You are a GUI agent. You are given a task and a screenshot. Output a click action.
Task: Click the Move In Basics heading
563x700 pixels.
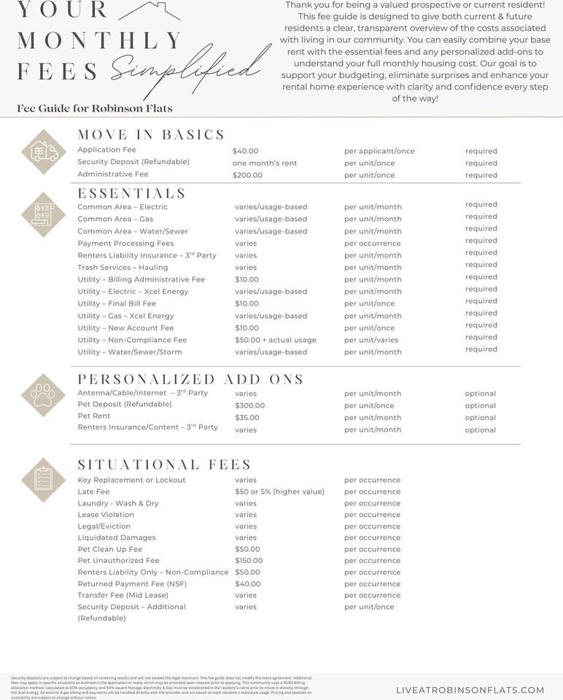click(x=151, y=135)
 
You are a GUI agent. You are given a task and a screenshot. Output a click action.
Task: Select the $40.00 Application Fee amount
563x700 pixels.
click(x=245, y=151)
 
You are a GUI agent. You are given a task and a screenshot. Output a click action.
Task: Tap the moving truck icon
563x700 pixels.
click(x=44, y=151)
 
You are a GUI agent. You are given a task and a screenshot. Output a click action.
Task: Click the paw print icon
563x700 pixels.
click(x=44, y=394)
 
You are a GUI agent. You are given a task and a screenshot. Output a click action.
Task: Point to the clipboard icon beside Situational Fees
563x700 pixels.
click(x=44, y=480)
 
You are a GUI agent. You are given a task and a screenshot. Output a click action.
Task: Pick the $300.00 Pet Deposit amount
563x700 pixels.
click(x=249, y=405)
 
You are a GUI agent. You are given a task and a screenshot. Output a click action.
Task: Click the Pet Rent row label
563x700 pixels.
click(x=94, y=416)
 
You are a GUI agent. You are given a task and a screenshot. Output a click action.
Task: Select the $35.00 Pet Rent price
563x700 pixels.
click(x=246, y=418)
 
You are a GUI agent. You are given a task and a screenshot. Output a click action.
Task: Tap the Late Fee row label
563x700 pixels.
click(x=93, y=491)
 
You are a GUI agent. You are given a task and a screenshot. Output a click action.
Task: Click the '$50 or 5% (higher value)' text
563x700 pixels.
click(x=279, y=491)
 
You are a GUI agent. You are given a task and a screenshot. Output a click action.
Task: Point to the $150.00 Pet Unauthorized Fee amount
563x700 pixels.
click(x=249, y=561)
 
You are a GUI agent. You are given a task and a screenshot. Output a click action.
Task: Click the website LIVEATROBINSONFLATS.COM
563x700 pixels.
click(x=470, y=690)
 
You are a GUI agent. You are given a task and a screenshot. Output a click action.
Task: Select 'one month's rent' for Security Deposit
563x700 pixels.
click(x=265, y=163)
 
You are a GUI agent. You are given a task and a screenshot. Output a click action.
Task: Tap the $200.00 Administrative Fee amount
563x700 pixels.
click(x=247, y=176)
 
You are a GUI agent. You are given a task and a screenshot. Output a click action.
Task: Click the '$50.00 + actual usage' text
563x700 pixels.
click(x=276, y=341)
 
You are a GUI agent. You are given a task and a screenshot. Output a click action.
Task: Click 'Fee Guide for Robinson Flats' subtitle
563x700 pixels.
click(x=95, y=109)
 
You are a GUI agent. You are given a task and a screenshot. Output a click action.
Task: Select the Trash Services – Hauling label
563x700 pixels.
click(x=123, y=268)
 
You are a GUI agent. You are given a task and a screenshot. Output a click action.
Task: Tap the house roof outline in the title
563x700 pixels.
click(x=149, y=11)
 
